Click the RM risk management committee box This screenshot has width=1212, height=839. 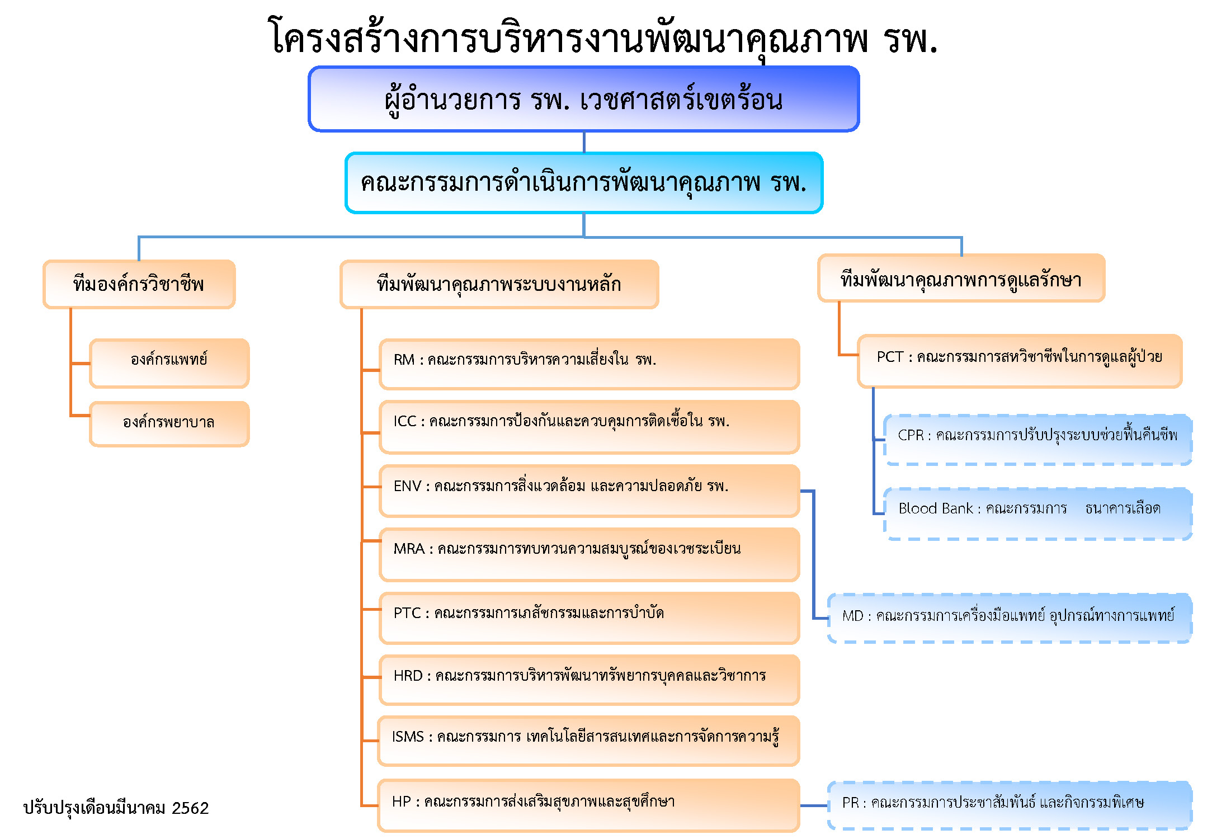(x=589, y=364)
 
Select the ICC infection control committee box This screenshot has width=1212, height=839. (x=589, y=427)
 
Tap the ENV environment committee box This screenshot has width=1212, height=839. (x=589, y=491)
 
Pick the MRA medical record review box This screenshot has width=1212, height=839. (x=589, y=554)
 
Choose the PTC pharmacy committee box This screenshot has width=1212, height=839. (x=589, y=618)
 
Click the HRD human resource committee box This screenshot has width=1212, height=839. (x=589, y=680)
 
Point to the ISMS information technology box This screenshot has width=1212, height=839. (x=588, y=741)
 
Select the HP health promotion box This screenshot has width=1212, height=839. (x=588, y=805)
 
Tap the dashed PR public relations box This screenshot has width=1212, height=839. (x=1010, y=805)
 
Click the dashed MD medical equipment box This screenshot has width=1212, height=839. (x=1010, y=618)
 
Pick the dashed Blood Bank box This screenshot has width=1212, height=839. (x=1037, y=513)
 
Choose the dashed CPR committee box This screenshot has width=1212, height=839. (x=1037, y=440)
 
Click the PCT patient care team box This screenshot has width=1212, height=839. (x=1020, y=361)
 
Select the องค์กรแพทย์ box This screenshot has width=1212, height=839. (x=169, y=363)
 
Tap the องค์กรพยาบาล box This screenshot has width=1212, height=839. (x=169, y=424)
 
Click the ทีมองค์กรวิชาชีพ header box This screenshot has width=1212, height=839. (x=139, y=284)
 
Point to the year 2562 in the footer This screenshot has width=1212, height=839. (x=190, y=808)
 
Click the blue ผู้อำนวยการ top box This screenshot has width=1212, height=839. (x=584, y=99)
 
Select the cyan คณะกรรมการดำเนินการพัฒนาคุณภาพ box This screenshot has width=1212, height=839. (x=584, y=183)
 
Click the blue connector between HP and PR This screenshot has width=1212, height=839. (x=814, y=806)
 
